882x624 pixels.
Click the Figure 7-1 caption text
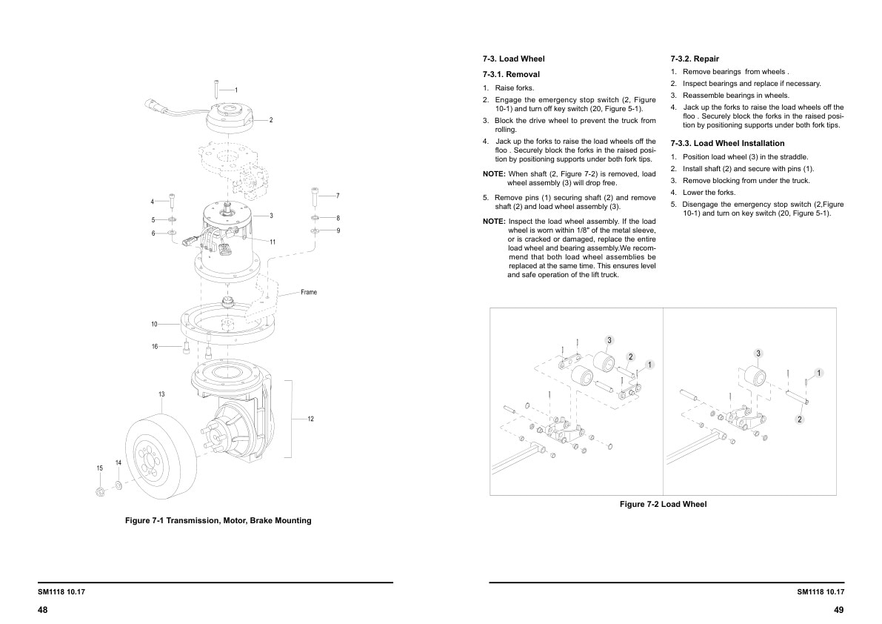(218, 520)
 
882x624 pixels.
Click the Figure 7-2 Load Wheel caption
(663, 504)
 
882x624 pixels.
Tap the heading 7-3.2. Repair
(694, 59)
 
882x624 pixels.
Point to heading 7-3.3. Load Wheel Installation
(726, 143)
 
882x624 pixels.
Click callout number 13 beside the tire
(161, 394)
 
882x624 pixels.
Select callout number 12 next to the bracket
(310, 419)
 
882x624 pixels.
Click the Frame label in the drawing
(309, 292)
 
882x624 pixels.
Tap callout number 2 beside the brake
(271, 119)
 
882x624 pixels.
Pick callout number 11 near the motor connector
(273, 242)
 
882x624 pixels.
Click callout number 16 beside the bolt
(155, 346)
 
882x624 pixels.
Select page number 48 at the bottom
(43, 609)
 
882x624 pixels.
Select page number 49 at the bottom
(838, 609)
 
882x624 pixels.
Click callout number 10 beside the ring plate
(154, 324)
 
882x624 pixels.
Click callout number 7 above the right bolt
(337, 196)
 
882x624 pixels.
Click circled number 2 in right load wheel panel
(800, 419)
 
